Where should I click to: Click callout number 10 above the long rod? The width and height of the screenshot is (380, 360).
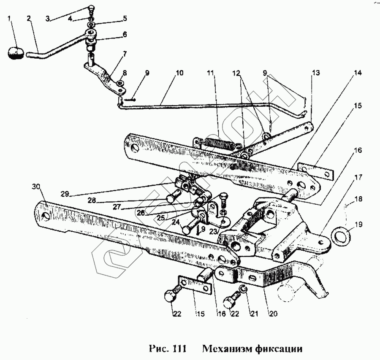pos(179,73)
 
